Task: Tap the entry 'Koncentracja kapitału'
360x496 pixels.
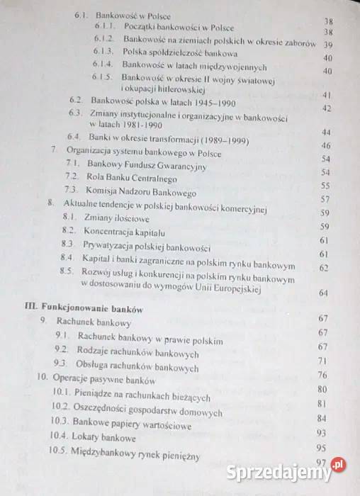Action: click(x=124, y=231)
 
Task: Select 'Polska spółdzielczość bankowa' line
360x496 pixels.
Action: click(x=179, y=54)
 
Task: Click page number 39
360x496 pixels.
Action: click(x=328, y=44)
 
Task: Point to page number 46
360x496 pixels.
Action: click(x=327, y=145)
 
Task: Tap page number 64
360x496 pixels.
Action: click(x=324, y=293)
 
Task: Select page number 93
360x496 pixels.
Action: click(x=321, y=433)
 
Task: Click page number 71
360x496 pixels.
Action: click(x=322, y=361)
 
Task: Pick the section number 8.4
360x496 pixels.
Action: click(x=68, y=257)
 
